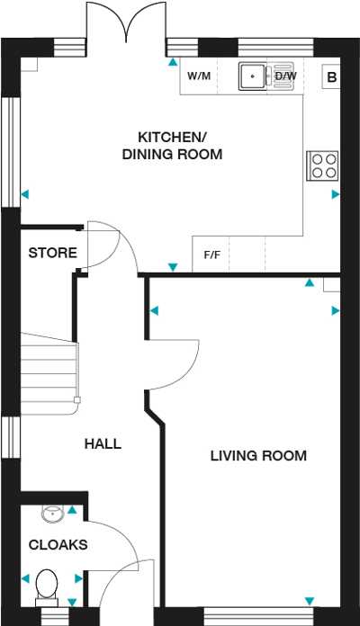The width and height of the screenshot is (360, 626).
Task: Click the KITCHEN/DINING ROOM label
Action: (x=172, y=146)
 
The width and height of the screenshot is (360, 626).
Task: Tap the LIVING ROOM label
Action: (x=258, y=456)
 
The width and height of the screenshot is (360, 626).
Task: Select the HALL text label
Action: (x=103, y=444)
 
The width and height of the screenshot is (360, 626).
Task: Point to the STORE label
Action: (x=52, y=254)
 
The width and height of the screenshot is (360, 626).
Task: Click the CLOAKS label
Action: (x=58, y=545)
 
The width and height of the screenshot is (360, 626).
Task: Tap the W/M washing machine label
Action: (x=198, y=76)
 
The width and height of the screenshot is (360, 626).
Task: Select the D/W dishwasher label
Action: (x=285, y=76)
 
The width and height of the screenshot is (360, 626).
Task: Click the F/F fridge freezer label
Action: (x=212, y=255)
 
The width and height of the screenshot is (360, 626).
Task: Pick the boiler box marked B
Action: (x=331, y=77)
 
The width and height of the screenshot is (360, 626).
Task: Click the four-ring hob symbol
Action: (x=322, y=165)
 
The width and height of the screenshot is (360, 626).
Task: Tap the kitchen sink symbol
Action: (x=256, y=77)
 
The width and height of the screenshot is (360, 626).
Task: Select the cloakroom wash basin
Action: (x=52, y=514)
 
